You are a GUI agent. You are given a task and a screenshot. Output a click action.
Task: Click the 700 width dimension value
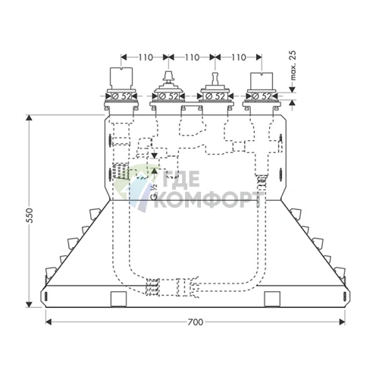coord(196,322)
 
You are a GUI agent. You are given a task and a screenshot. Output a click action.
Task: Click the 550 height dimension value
coord(30,215)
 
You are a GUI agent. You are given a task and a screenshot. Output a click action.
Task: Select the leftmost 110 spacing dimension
coord(146,58)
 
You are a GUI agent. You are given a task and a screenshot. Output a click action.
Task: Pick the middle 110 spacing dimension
coord(192,58)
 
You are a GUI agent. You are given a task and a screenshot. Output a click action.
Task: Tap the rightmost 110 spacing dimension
coord(239,58)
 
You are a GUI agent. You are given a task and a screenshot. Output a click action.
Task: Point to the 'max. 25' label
coord(293,65)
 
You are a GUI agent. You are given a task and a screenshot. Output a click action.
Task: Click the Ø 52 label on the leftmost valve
coord(121,96)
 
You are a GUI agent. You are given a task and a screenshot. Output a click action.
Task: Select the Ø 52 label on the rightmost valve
coord(262,96)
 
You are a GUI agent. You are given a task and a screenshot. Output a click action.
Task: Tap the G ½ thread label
coord(154,192)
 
